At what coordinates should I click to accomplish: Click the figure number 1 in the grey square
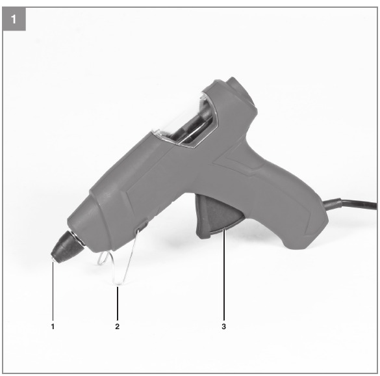click(x=14, y=19)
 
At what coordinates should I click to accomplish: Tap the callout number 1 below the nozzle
click(x=53, y=327)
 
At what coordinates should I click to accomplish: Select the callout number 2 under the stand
click(x=118, y=327)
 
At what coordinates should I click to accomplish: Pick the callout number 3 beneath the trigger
click(x=223, y=327)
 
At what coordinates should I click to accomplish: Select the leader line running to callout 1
click(x=53, y=290)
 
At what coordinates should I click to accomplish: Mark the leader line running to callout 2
click(x=118, y=303)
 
